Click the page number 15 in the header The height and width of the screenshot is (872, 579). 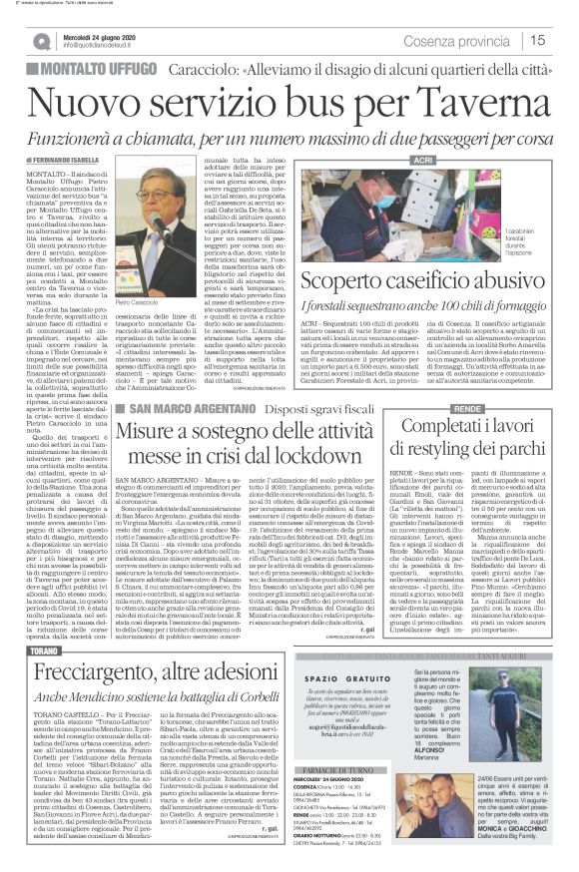pyautogui.click(x=538, y=41)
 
